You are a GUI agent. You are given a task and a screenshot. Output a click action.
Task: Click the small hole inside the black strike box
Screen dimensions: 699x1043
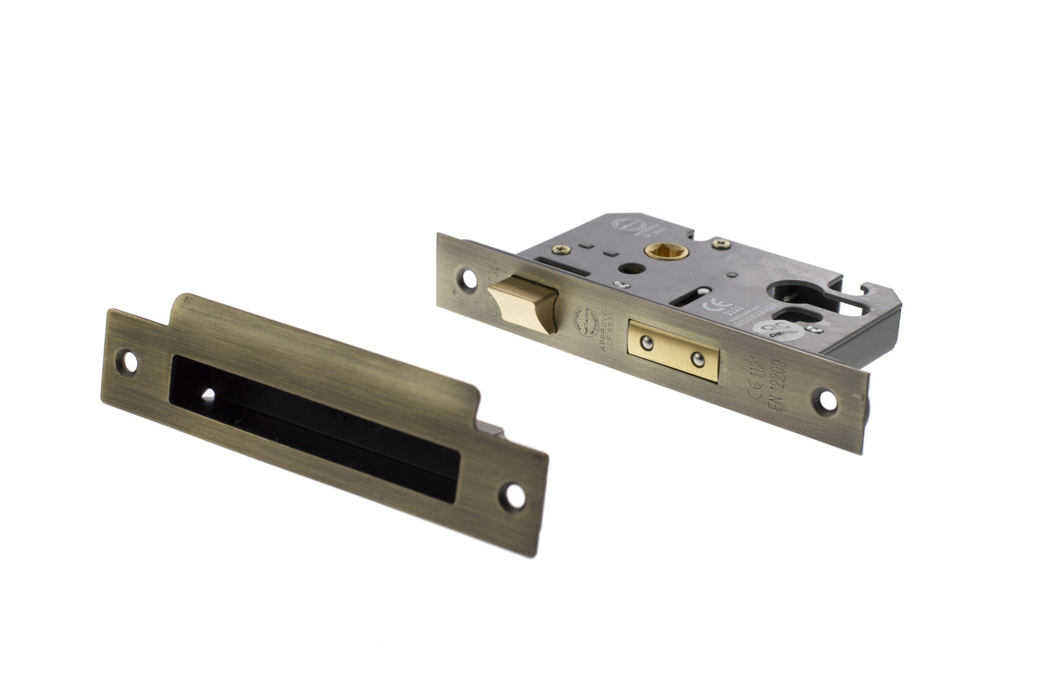click(210, 394)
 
